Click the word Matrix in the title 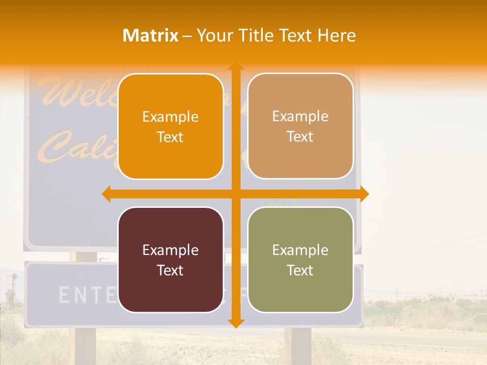pyautogui.click(x=151, y=35)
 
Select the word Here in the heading pyautogui.click(x=337, y=35)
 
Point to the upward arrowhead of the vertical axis pyautogui.click(x=235, y=66)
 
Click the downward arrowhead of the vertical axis pyautogui.click(x=235, y=323)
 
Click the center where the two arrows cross pyautogui.click(x=235, y=194)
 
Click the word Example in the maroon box pyautogui.click(x=170, y=250)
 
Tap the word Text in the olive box pyautogui.click(x=300, y=270)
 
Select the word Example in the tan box pyautogui.click(x=300, y=117)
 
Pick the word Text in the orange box pyautogui.click(x=170, y=137)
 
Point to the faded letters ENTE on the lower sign pyautogui.click(x=84, y=295)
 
